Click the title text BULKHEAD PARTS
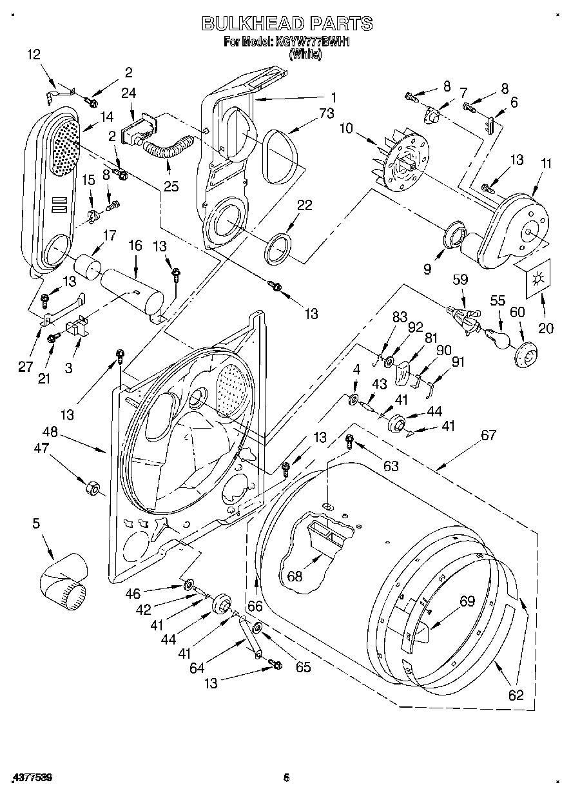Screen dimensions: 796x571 [x=286, y=24]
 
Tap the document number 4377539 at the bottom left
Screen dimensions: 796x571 [x=32, y=778]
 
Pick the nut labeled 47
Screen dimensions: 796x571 [x=91, y=489]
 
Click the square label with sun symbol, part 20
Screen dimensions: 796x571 [x=536, y=278]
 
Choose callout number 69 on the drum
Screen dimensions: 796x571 [x=467, y=602]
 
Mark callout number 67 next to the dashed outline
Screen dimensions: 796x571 [x=489, y=436]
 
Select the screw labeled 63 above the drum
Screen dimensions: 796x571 [x=350, y=442]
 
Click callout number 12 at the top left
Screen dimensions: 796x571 [x=33, y=55]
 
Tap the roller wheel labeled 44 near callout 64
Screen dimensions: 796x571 [x=221, y=605]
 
